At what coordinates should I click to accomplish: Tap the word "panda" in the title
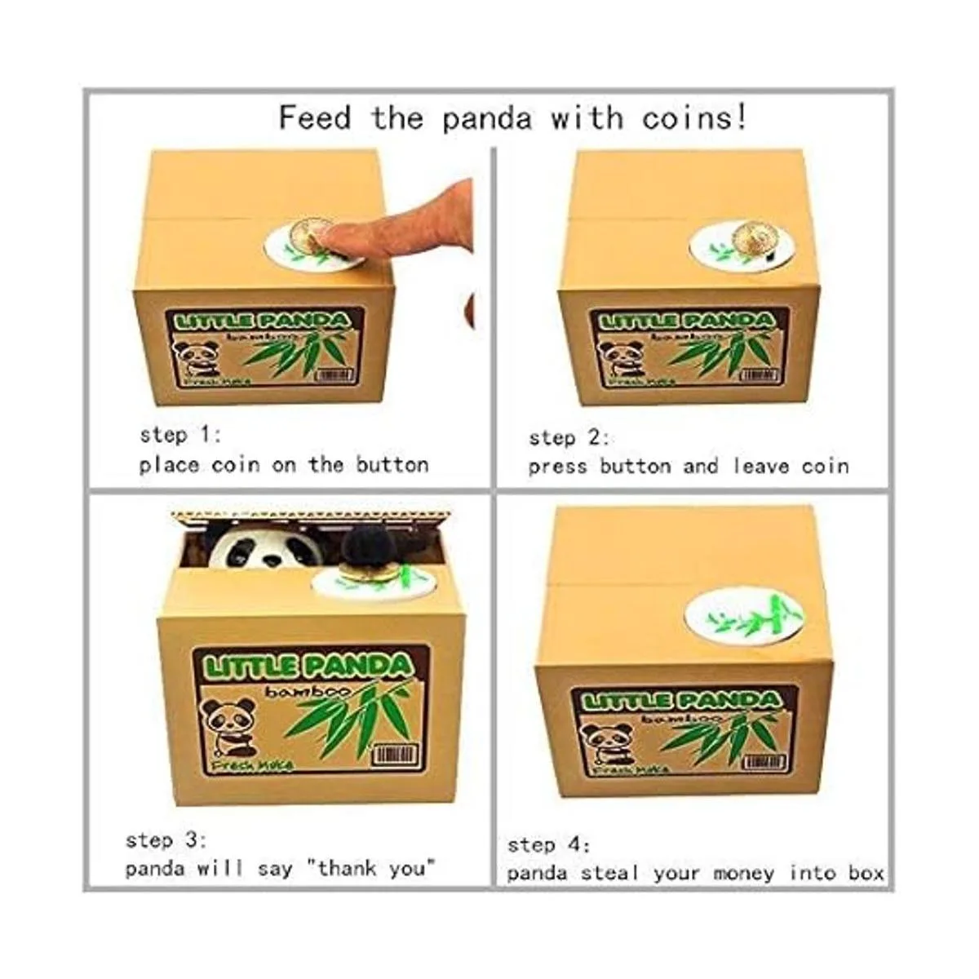coord(487,119)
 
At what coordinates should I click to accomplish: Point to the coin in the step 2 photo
coord(755,239)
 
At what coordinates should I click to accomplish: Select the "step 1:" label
coord(179,434)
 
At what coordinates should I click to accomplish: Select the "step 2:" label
coord(569,437)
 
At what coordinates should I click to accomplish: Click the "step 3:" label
coord(166,839)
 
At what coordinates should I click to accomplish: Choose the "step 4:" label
coord(548,844)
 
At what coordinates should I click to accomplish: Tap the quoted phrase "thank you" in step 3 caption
coord(372,869)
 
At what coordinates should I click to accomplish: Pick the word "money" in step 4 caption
coord(743,874)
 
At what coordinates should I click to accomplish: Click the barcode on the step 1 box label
coord(333,375)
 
